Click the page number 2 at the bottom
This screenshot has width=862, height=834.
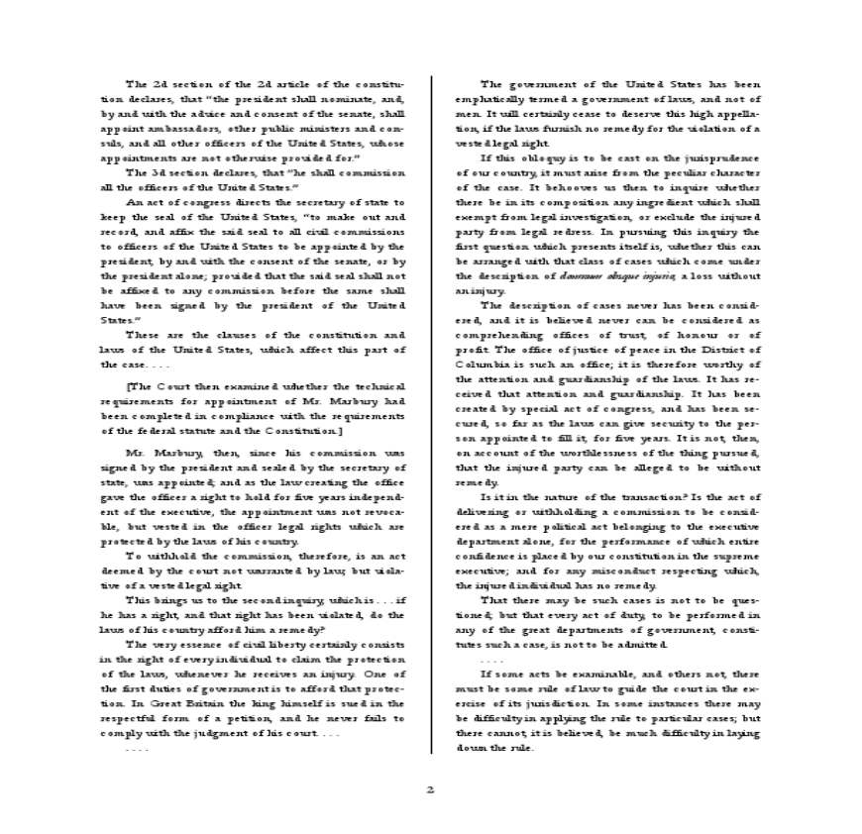click(x=430, y=789)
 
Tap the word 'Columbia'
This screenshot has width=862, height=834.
click(x=483, y=365)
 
